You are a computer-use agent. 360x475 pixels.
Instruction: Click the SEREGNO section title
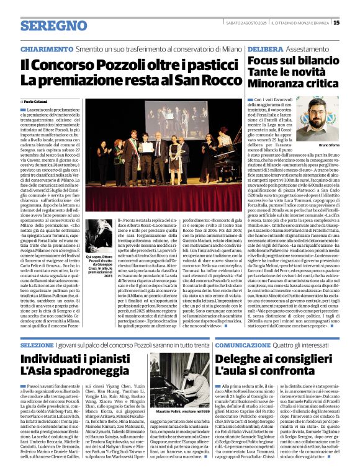[54, 25]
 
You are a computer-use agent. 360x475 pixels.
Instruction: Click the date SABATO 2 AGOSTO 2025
[243, 23]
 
